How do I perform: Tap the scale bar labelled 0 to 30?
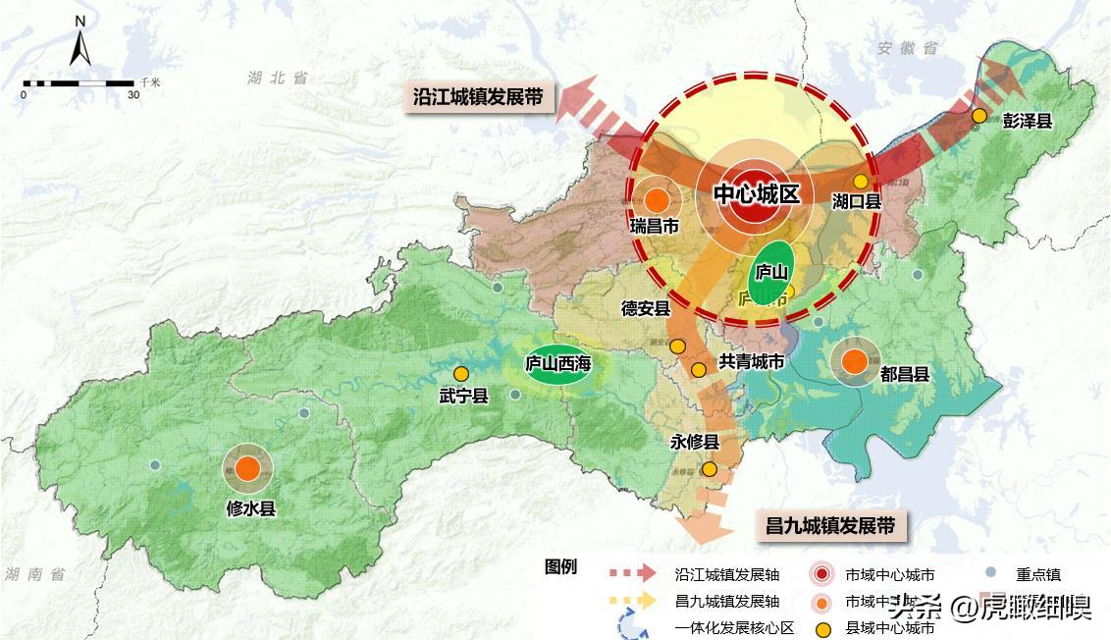(x=79, y=83)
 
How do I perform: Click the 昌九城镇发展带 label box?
(x=830, y=525)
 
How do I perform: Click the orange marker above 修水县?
(x=247, y=469)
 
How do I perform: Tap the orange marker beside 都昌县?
(x=854, y=361)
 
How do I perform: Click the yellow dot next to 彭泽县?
(x=979, y=117)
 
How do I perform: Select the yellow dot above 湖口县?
(x=860, y=182)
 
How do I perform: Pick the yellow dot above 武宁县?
(x=461, y=373)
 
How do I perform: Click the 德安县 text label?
(x=645, y=309)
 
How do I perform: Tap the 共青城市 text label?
(x=752, y=362)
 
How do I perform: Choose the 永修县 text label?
(x=696, y=442)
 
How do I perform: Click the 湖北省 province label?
(x=279, y=78)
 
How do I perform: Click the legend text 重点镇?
(x=1038, y=575)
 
